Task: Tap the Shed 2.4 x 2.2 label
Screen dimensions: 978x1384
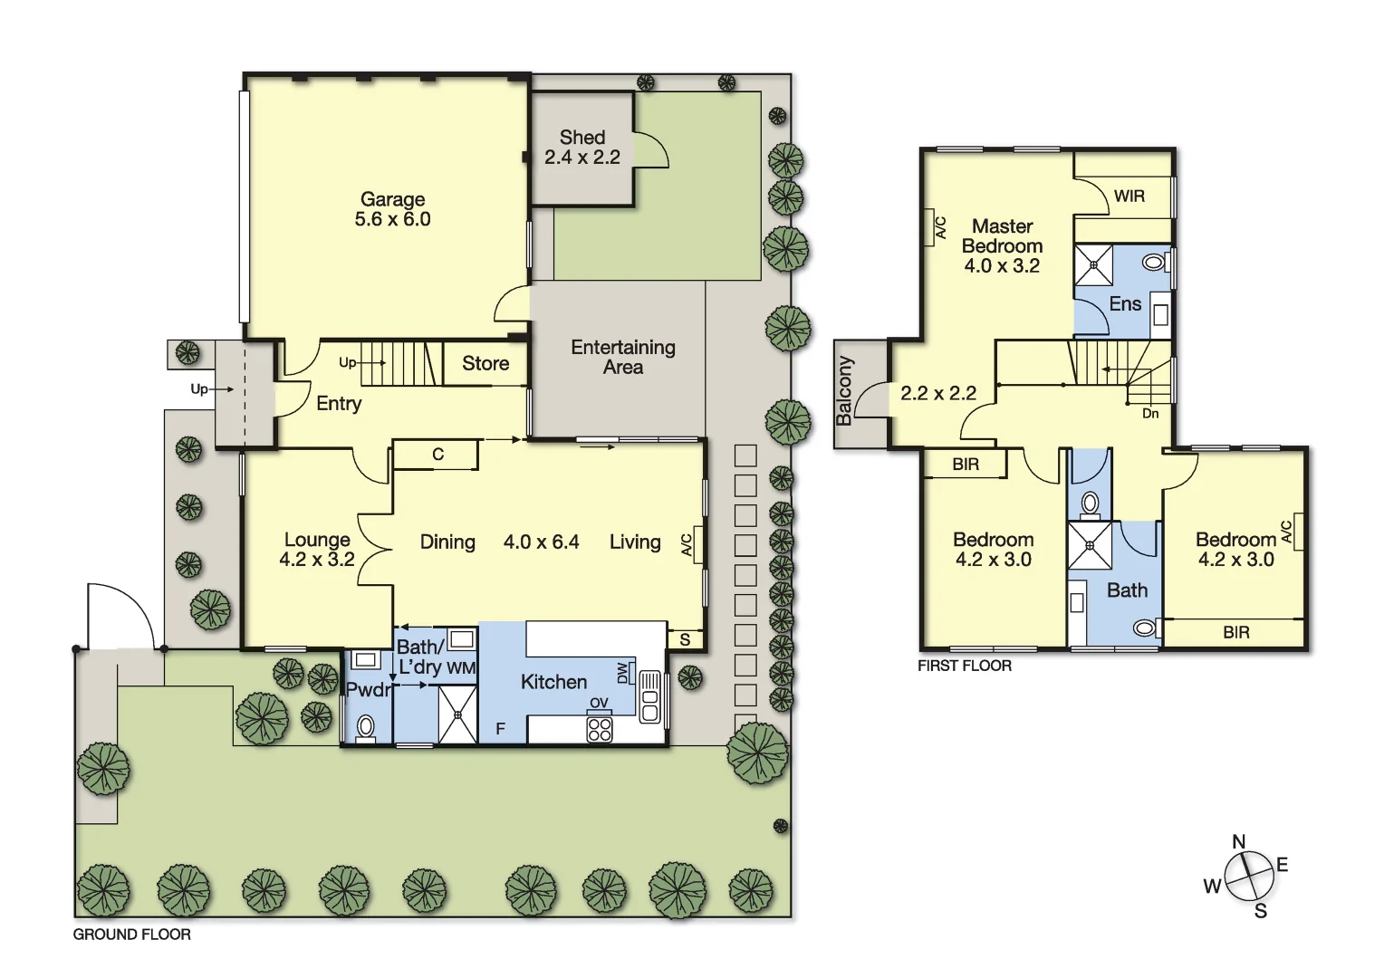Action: [582, 148]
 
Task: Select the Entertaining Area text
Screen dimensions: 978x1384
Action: [623, 358]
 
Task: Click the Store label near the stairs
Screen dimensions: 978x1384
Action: [485, 364]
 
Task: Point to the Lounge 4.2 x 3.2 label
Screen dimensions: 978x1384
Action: [317, 550]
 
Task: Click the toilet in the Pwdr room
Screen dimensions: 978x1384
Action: [366, 726]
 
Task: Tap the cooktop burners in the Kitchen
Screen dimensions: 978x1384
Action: [600, 729]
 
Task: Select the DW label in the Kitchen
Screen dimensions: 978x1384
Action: [622, 674]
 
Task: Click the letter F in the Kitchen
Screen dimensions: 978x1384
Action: [500, 729]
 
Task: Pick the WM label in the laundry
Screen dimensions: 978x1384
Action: [461, 668]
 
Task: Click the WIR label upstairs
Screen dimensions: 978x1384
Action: [1129, 197]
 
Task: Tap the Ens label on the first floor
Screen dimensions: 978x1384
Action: [1125, 304]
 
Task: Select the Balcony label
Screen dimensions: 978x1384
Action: [845, 391]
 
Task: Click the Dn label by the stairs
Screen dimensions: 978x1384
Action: [1150, 414]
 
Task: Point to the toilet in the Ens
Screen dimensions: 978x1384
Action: [1153, 263]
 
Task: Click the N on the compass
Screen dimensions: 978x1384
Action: [1239, 842]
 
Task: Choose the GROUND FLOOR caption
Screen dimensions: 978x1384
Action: [132, 935]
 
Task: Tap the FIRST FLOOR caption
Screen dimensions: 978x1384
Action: [965, 666]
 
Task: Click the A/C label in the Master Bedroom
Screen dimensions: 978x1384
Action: [940, 227]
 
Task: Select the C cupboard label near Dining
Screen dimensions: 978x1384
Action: [438, 455]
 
